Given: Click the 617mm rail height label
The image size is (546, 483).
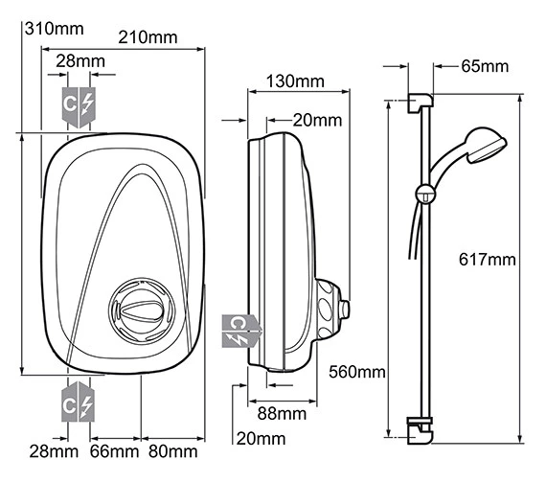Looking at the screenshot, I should [x=487, y=260].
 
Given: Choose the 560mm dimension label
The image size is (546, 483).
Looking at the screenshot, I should [x=356, y=371].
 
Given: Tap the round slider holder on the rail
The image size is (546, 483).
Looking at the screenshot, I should [x=421, y=195].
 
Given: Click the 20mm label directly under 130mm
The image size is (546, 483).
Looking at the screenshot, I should [x=317, y=120].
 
